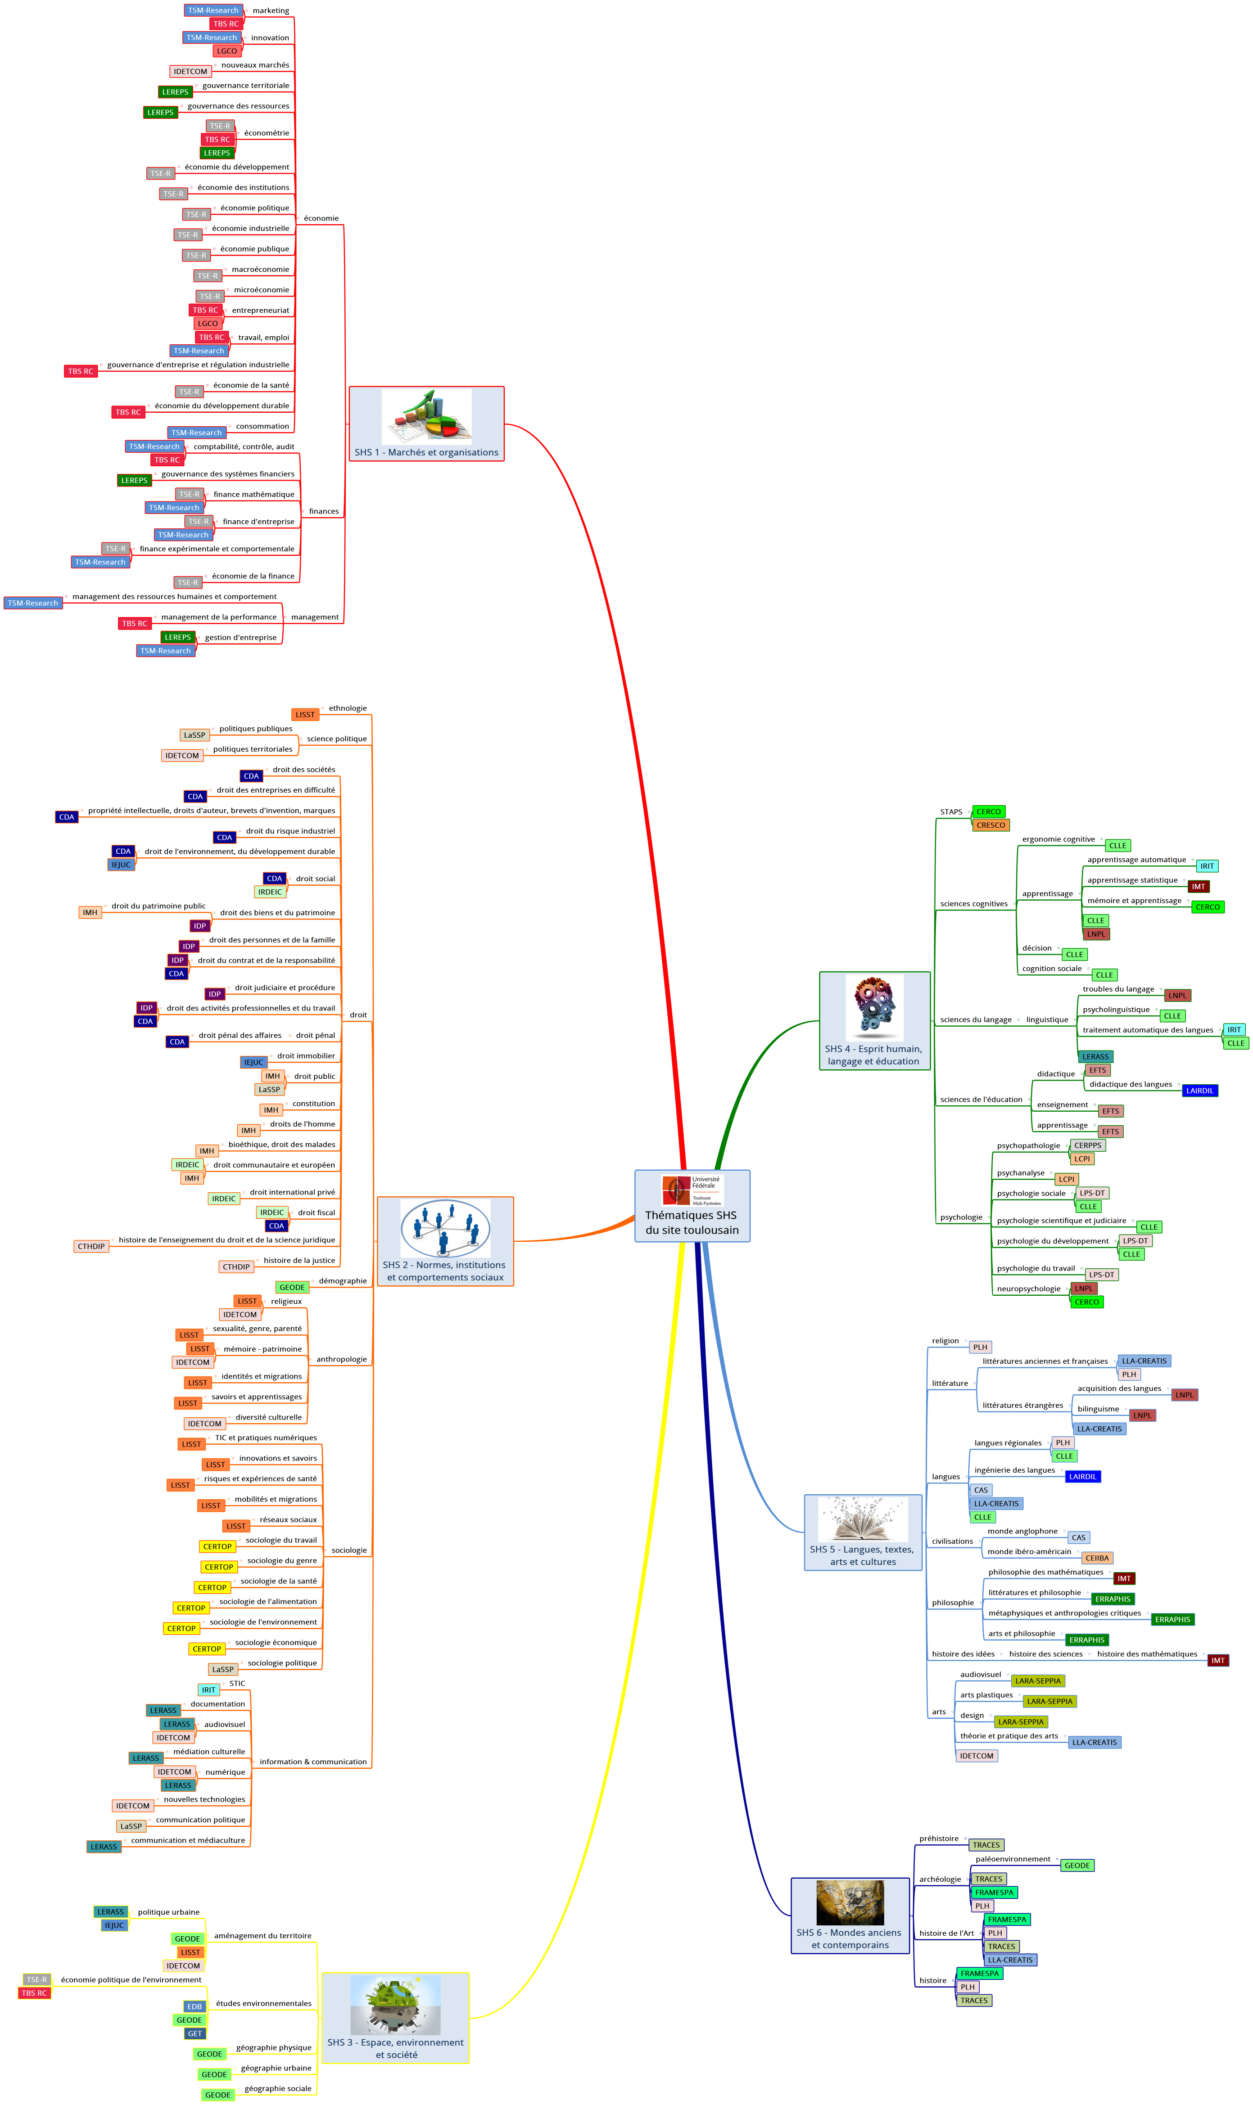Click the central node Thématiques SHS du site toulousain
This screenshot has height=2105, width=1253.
(x=692, y=1205)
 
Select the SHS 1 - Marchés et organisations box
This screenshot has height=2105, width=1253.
(x=426, y=424)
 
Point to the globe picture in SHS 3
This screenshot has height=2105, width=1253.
(x=395, y=2004)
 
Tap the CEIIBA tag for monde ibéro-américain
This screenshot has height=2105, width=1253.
(x=1097, y=1558)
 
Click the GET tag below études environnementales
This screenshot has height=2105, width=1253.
(x=195, y=2033)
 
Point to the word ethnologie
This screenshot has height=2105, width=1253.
(x=348, y=708)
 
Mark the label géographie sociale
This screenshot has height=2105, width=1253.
(x=278, y=2088)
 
